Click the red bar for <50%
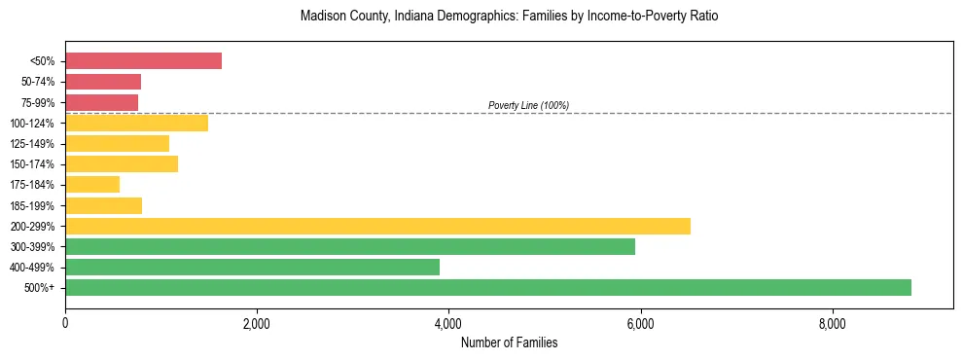[x=143, y=61]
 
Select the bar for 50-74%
[x=103, y=82]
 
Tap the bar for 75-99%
[x=101, y=102]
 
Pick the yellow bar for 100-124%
[x=136, y=123]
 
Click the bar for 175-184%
[x=92, y=185]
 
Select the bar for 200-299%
[x=377, y=226]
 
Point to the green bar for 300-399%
[x=350, y=246]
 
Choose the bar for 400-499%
[x=252, y=267]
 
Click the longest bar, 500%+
[x=488, y=287]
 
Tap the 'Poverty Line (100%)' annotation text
[x=528, y=105]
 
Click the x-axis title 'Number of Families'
[x=509, y=342]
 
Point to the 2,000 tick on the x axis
[x=257, y=324]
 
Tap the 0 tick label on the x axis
[x=65, y=324]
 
